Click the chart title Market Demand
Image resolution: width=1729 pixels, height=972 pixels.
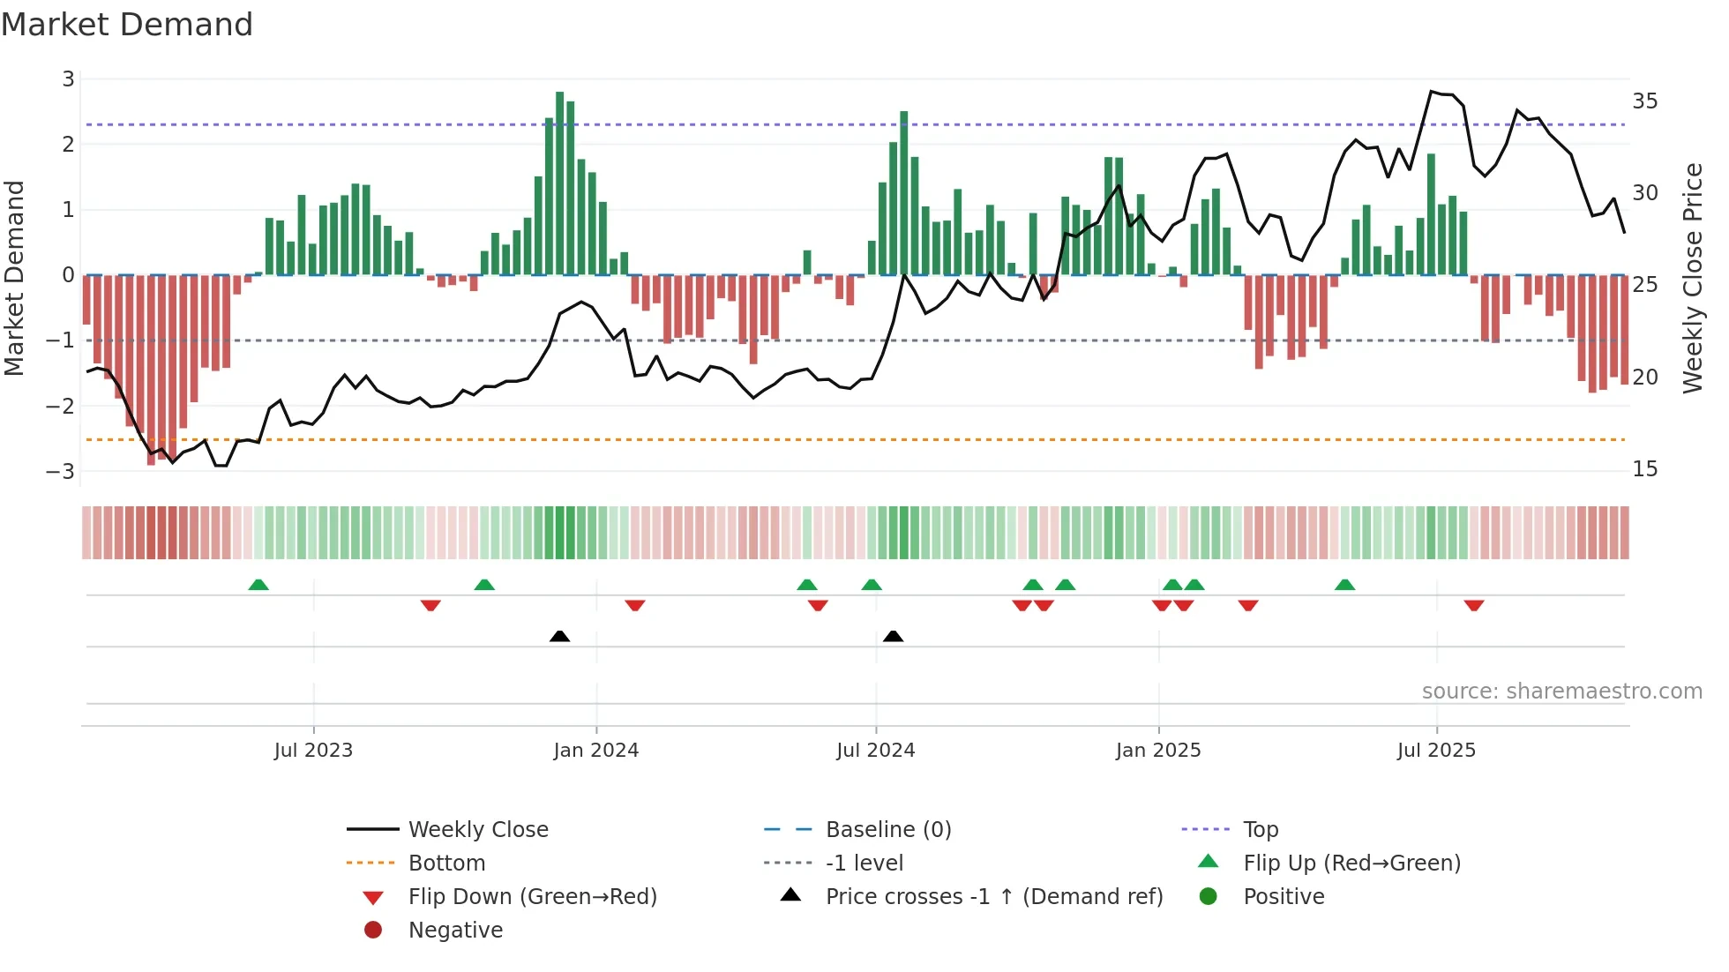point(127,25)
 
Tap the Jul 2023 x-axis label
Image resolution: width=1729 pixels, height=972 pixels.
point(313,751)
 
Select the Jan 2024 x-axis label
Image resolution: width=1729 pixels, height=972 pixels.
point(595,751)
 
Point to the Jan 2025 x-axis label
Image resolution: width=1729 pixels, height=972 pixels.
point(1157,751)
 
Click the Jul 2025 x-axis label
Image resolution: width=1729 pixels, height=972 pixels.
point(1436,751)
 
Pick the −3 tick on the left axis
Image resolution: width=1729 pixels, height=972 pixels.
point(61,471)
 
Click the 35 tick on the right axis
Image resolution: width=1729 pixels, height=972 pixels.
point(1644,101)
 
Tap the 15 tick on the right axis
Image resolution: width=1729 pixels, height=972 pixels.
point(1644,469)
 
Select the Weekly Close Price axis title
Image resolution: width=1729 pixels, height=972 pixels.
point(1692,278)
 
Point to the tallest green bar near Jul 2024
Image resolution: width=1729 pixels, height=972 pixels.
point(903,193)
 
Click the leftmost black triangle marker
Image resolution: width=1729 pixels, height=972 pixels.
point(559,636)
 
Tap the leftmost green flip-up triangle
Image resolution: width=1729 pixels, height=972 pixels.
point(258,585)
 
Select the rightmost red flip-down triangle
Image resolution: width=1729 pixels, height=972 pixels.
point(1473,605)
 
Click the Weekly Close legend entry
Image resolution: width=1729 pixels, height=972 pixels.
point(477,830)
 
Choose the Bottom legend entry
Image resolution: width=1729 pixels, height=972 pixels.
point(446,864)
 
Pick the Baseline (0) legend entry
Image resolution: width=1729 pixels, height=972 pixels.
point(887,830)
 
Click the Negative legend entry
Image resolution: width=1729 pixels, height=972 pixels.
point(455,931)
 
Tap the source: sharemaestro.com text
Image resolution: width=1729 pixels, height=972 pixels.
point(1561,692)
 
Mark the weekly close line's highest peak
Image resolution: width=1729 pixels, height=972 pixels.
point(1431,91)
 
